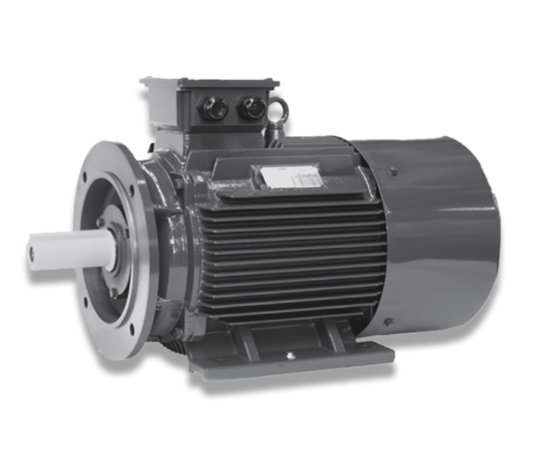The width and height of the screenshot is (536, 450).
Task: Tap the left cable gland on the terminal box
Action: pyautogui.click(x=208, y=107)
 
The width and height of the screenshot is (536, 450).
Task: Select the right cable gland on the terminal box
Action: pyautogui.click(x=248, y=108)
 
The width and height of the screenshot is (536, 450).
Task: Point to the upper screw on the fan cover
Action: pyautogui.click(x=391, y=172)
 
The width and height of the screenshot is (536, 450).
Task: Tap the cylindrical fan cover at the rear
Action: pyautogui.click(x=437, y=236)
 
